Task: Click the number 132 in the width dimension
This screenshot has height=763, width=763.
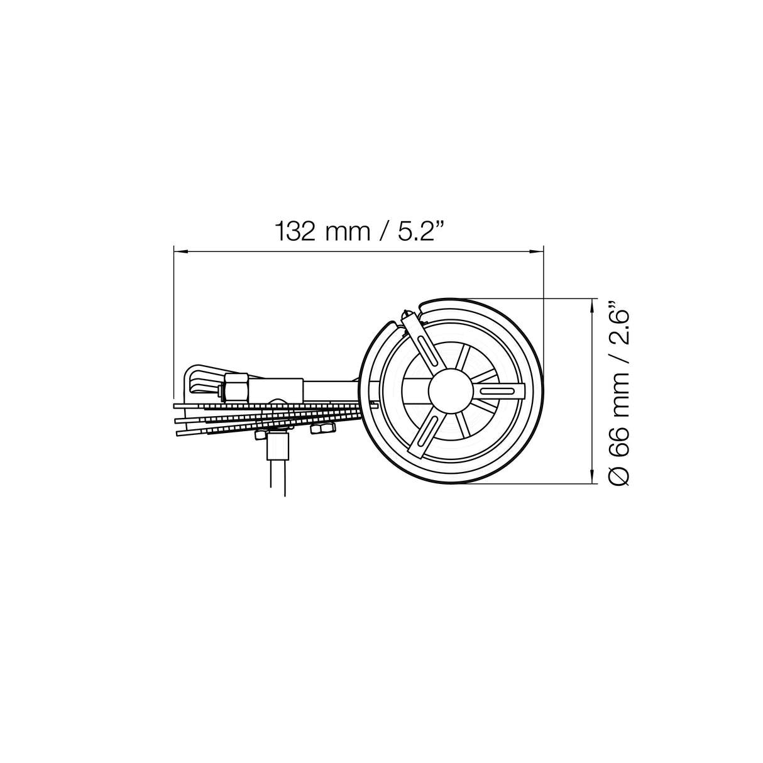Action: pos(295,232)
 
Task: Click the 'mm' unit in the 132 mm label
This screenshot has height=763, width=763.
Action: pos(348,234)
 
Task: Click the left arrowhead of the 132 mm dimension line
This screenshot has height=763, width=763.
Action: pos(180,251)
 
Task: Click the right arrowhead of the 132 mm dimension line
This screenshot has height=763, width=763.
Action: pos(537,251)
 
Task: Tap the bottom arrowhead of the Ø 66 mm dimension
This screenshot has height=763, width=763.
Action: pos(592,478)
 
